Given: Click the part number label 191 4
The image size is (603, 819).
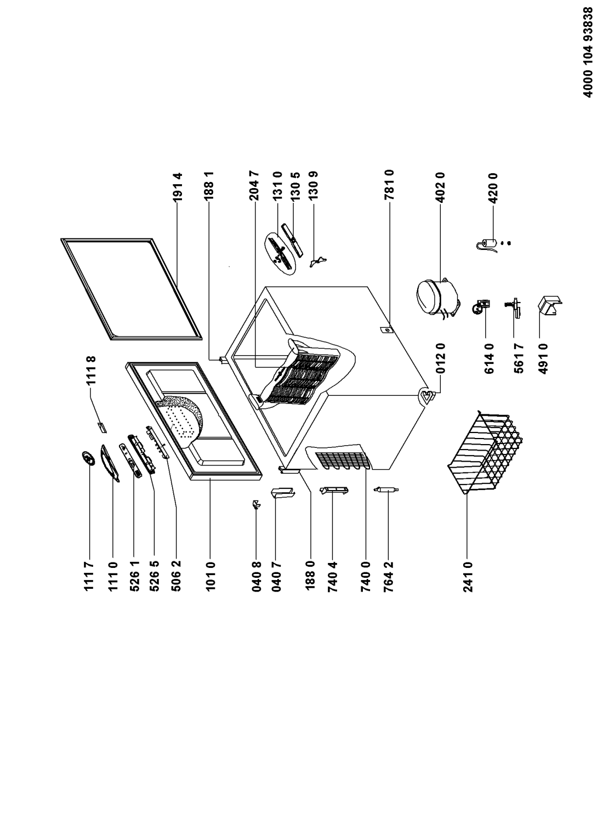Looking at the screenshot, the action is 177,187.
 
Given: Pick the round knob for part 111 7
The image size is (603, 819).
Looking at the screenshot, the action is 87,458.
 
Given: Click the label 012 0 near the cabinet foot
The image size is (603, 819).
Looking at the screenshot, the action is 441,358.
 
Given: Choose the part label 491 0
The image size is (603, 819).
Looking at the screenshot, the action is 544,359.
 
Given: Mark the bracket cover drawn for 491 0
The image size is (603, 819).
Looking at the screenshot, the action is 550,305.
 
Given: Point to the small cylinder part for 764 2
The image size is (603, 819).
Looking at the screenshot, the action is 386,490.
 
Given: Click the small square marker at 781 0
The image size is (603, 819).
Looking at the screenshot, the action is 386,330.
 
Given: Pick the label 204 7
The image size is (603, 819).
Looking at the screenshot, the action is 254,185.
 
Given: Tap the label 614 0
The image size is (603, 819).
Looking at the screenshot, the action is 489,359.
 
